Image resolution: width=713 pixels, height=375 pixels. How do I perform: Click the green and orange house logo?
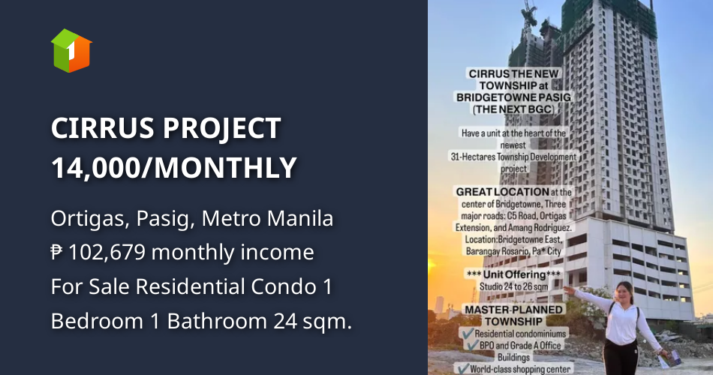(x=71, y=50)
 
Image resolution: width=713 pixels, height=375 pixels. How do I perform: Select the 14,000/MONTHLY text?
(x=174, y=167)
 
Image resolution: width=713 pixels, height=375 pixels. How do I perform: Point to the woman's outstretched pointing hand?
(x=567, y=289)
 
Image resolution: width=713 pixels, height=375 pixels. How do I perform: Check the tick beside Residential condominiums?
(x=467, y=333)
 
